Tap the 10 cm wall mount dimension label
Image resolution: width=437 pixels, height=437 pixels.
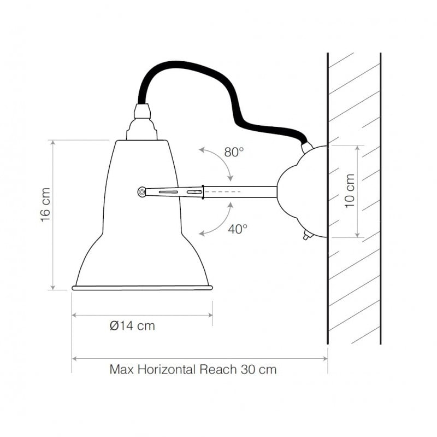(350, 191)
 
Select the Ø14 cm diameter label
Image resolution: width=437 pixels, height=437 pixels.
(132, 326)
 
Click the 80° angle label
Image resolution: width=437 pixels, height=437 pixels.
(234, 152)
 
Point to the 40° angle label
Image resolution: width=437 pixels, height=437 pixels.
(238, 229)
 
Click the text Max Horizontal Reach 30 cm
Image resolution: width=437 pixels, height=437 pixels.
(193, 369)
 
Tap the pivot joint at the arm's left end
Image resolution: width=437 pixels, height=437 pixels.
(142, 191)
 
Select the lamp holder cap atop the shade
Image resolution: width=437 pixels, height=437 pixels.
(143, 123)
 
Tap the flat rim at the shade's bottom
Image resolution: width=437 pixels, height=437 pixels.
(142, 287)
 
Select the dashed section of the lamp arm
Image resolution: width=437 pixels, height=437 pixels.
(224, 192)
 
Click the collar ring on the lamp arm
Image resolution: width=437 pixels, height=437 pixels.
(203, 192)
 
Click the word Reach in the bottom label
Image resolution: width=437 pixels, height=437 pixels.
(218, 369)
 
